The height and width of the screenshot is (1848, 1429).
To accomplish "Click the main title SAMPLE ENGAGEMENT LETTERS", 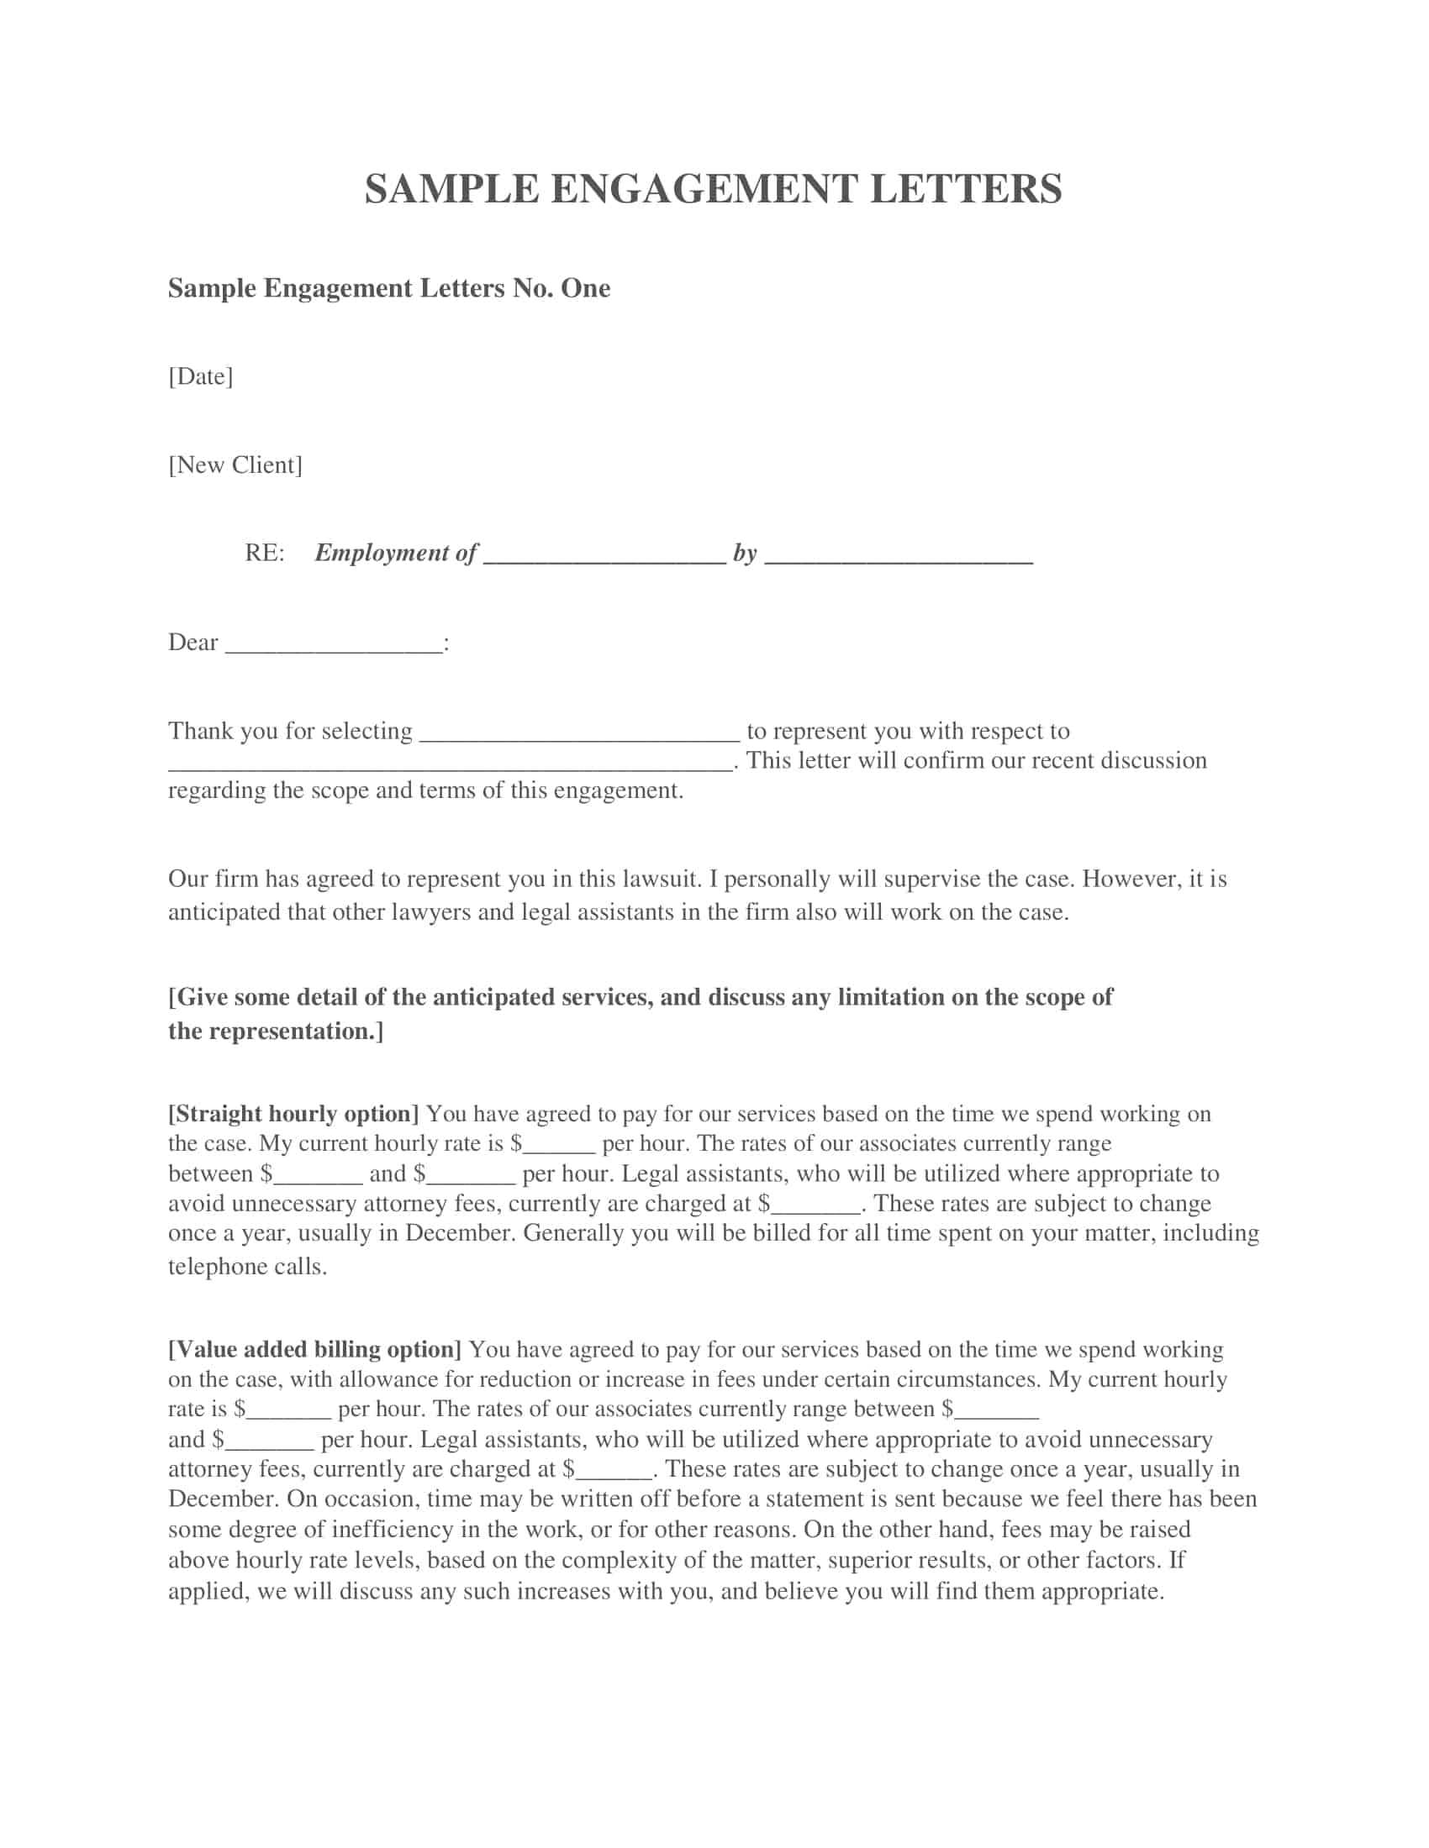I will (x=713, y=189).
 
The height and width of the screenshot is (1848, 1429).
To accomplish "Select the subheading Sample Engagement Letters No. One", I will (x=388, y=288).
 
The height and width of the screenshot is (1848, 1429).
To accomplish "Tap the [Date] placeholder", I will (x=201, y=376).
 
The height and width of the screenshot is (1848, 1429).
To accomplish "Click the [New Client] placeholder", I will (x=235, y=465).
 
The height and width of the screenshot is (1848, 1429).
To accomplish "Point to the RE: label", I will (x=264, y=554).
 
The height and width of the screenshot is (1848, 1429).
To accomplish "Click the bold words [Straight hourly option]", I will (x=293, y=1115).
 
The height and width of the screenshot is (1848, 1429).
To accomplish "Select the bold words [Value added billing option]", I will (x=315, y=1350).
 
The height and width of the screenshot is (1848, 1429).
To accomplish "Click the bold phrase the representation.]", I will (x=276, y=1032).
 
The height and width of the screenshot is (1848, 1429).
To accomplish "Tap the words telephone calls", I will (x=247, y=1267).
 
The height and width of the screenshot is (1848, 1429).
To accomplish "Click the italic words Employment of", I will (x=396, y=554).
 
